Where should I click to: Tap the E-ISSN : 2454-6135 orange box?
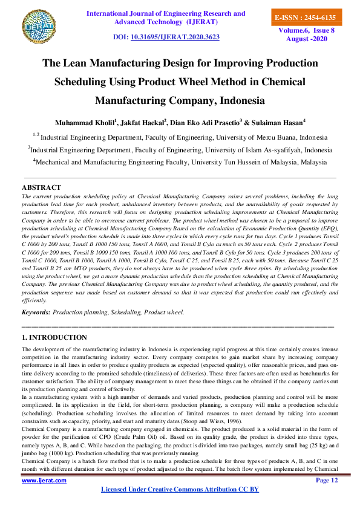tap(305, 18)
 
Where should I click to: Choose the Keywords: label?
tap(36, 313)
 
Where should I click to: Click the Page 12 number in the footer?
tap(327, 480)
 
